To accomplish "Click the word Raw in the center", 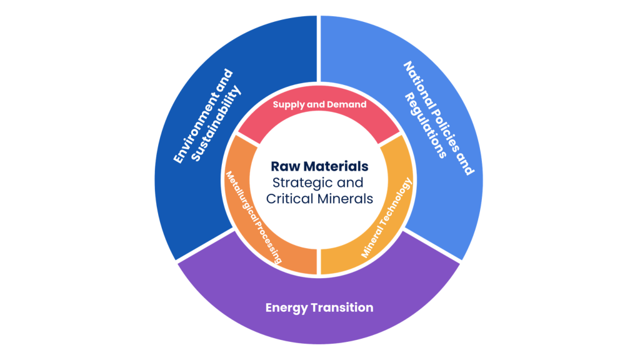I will point(282,167).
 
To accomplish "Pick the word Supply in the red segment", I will point(288,104).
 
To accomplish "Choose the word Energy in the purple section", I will point(285,307).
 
